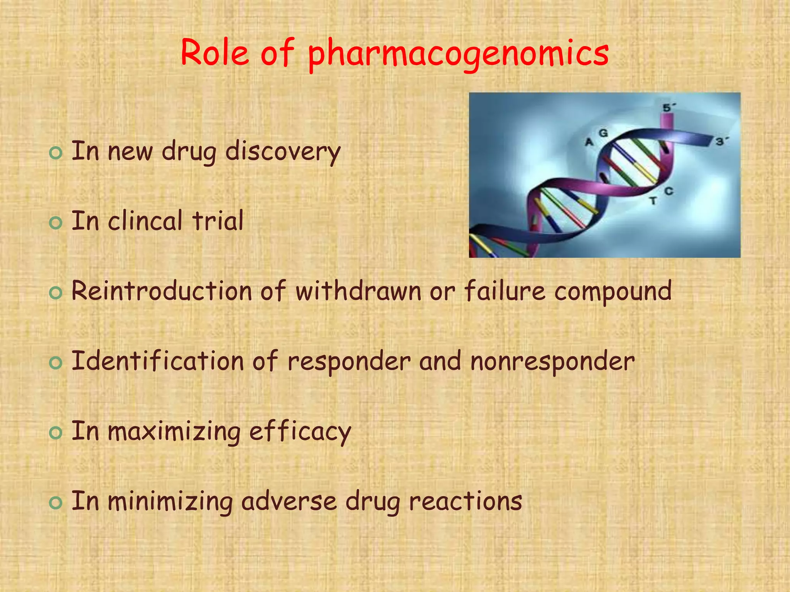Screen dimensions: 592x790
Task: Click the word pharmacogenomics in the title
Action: (x=458, y=54)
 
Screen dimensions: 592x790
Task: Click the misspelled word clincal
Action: (x=145, y=221)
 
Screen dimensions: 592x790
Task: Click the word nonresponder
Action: (x=552, y=362)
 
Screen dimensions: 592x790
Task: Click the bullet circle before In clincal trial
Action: (x=56, y=223)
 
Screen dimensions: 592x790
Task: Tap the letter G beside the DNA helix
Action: (x=603, y=133)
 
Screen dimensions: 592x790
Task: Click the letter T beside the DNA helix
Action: (x=653, y=201)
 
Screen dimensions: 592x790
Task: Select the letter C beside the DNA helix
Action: (x=669, y=191)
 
